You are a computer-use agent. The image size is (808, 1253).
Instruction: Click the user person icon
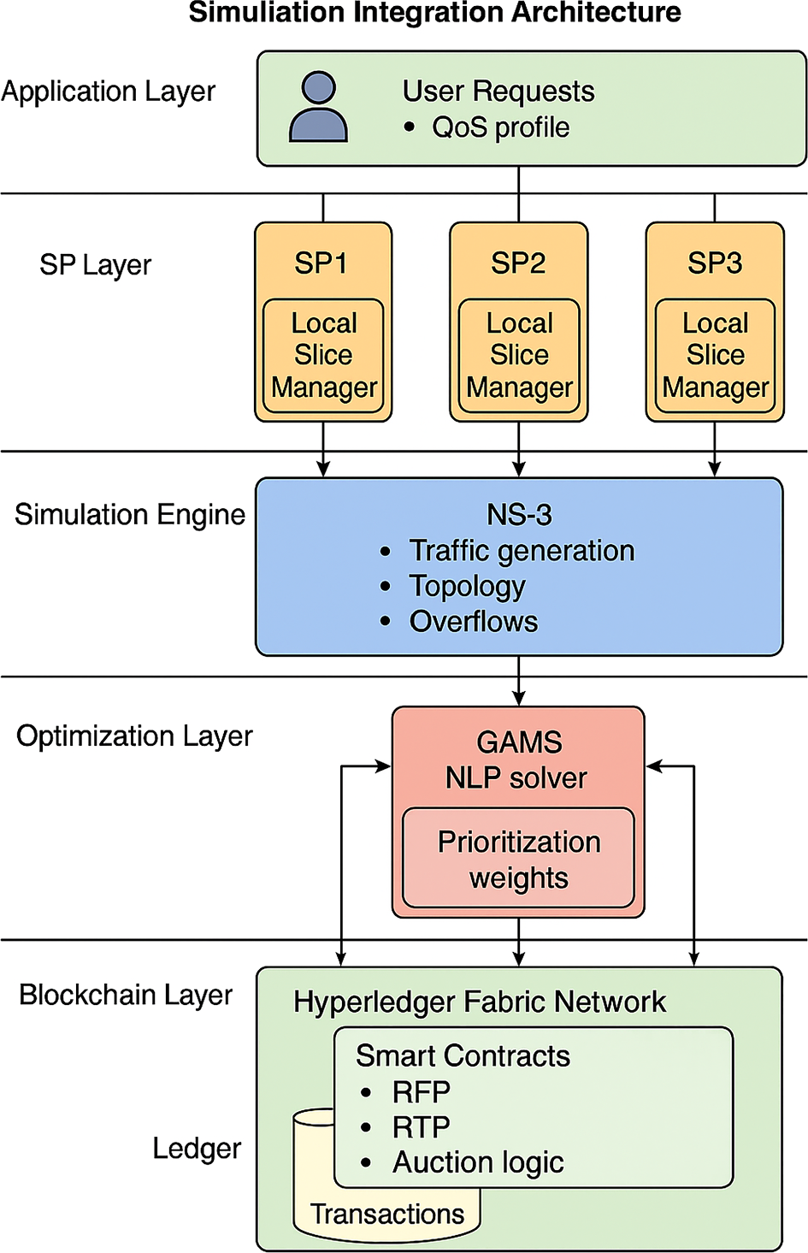click(x=318, y=107)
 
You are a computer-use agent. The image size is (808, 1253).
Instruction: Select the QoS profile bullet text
click(x=500, y=127)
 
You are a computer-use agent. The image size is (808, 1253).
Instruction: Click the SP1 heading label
click(x=321, y=263)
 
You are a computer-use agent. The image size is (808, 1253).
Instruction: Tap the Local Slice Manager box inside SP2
click(x=519, y=356)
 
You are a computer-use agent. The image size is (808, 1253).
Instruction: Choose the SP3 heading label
click(x=715, y=263)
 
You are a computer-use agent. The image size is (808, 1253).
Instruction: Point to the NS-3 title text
click(x=519, y=515)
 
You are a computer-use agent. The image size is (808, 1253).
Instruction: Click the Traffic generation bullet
click(x=522, y=551)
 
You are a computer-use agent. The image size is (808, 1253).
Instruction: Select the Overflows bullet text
click(x=474, y=622)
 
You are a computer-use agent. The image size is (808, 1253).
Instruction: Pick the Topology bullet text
click(x=467, y=587)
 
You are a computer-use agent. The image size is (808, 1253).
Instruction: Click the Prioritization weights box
click(x=518, y=859)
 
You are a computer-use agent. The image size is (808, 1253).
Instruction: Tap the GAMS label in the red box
click(x=519, y=742)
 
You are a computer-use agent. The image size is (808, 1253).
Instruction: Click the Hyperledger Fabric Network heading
click(x=479, y=1002)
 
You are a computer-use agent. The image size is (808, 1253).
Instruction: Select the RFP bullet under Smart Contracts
click(x=421, y=1092)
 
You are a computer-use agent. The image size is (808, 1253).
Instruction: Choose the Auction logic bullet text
click(x=478, y=1162)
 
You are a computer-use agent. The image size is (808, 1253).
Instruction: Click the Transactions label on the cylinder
click(x=387, y=1214)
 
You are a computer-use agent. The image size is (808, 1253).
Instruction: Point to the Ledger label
click(x=197, y=1149)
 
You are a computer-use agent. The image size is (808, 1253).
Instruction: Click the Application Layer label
click(x=109, y=92)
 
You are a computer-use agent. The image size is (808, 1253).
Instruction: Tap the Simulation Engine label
click(x=130, y=515)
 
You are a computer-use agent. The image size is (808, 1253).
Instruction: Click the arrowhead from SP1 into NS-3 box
click(x=323, y=469)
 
